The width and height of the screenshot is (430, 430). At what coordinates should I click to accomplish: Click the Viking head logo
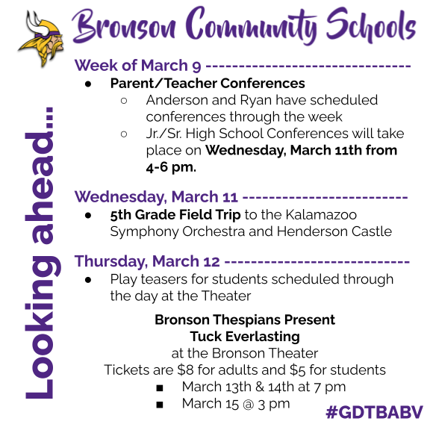pyautogui.click(x=42, y=38)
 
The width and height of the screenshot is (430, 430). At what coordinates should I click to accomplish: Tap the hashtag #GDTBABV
pyautogui.click(x=374, y=412)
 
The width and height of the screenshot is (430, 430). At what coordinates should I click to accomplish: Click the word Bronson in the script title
pyautogui.click(x=124, y=27)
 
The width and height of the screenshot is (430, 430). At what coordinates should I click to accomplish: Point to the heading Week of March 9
pyautogui.click(x=137, y=66)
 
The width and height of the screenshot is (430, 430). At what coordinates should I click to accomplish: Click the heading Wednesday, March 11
pyautogui.click(x=156, y=196)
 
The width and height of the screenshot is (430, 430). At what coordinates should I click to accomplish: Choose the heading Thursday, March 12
pyautogui.click(x=147, y=261)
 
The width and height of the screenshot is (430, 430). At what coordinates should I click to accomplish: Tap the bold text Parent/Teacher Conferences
pyautogui.click(x=208, y=83)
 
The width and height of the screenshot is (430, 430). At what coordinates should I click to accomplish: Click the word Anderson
pyautogui.click(x=191, y=100)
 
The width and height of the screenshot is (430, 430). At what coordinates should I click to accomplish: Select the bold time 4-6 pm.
pyautogui.click(x=171, y=167)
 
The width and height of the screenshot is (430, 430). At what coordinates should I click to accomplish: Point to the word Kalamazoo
pyautogui.click(x=321, y=214)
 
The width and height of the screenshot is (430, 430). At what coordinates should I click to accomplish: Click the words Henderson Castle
pyautogui.click(x=334, y=231)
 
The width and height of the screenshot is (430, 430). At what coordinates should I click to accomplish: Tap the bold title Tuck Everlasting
pyautogui.click(x=245, y=337)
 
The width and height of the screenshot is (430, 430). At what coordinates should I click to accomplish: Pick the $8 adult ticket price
pyautogui.click(x=186, y=370)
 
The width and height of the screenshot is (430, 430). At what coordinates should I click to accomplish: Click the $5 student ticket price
pyautogui.click(x=298, y=370)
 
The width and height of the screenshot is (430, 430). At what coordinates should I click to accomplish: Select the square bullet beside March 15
pyautogui.click(x=160, y=405)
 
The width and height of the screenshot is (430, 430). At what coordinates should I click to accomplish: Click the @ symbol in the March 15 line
pyautogui.click(x=248, y=404)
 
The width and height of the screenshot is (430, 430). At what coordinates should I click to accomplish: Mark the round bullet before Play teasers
pyautogui.click(x=88, y=280)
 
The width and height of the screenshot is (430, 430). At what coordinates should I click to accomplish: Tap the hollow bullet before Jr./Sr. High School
pyautogui.click(x=124, y=134)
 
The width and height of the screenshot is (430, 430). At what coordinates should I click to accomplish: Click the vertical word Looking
pyautogui.click(x=41, y=328)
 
